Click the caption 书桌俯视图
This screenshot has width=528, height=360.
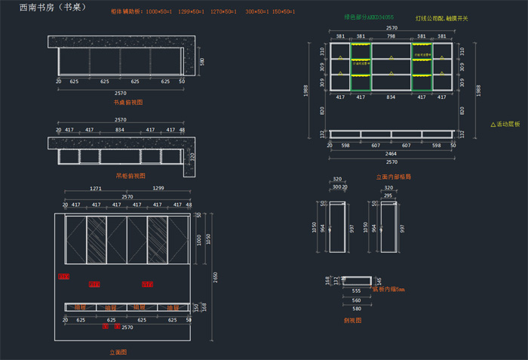(128, 101)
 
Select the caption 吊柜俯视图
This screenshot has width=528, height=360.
(128, 175)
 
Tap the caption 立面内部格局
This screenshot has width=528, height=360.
(393, 176)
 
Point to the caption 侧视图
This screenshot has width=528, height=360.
(352, 320)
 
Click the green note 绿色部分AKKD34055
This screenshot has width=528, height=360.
(369, 17)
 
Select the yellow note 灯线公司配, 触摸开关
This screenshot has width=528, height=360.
(441, 17)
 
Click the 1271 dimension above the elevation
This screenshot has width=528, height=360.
(95, 188)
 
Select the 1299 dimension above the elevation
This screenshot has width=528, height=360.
(158, 188)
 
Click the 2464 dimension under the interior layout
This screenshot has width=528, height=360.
(391, 153)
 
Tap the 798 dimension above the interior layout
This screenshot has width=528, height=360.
(391, 35)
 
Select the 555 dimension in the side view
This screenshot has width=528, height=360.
(355, 291)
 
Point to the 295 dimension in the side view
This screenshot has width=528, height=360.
(388, 195)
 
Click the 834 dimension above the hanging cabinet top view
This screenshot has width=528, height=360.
(120, 130)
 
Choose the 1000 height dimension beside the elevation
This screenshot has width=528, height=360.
(198, 239)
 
